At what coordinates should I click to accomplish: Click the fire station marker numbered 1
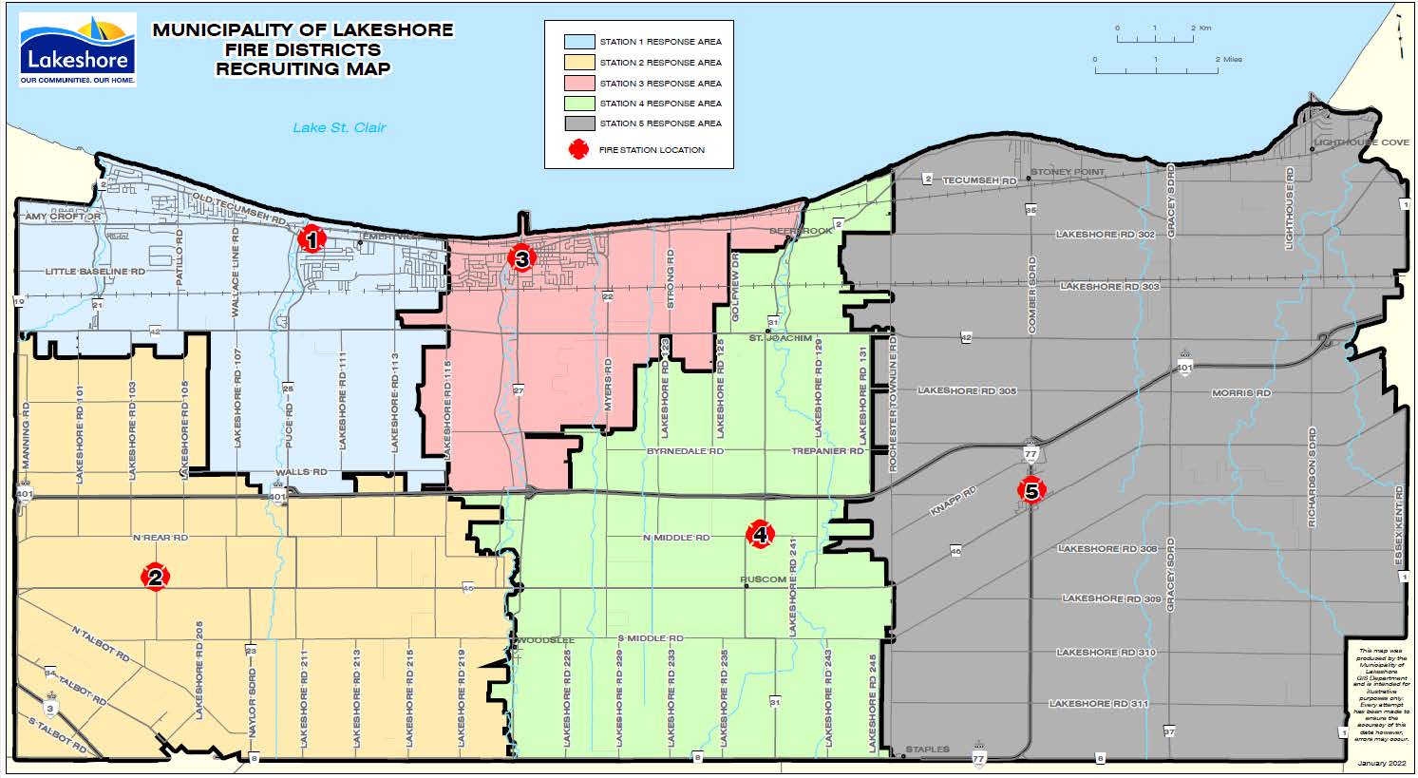[311, 239]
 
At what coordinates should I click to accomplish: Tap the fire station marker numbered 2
[155, 577]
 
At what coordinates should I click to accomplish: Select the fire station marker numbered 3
[520, 257]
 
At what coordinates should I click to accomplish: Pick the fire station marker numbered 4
[760, 535]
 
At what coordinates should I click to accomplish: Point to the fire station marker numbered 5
[1031, 490]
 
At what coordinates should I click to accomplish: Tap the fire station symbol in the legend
[578, 150]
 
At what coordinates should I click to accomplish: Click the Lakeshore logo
[78, 50]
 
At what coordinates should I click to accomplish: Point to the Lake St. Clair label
[339, 127]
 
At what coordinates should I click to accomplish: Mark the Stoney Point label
[1068, 172]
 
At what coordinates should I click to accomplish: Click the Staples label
[926, 750]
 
